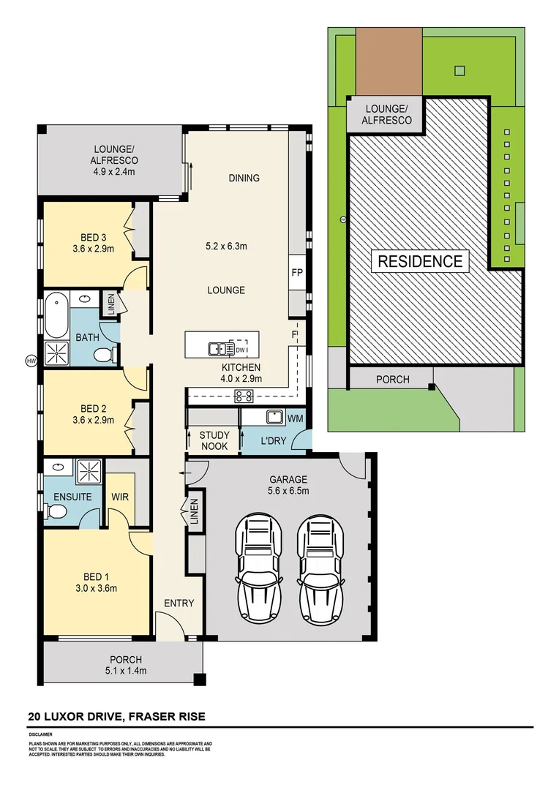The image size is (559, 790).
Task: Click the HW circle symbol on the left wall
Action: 31,361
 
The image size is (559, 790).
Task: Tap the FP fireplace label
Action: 297,272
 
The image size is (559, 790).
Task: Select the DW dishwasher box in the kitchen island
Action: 239,349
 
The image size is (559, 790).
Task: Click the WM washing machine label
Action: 296,418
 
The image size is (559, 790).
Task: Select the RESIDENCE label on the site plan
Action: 419,261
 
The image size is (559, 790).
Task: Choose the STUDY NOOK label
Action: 214,440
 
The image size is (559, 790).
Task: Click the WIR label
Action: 120,497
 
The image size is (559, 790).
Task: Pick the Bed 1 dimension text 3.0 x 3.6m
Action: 97,587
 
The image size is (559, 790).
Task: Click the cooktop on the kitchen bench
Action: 244,396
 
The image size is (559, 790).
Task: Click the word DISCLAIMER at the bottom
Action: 41,733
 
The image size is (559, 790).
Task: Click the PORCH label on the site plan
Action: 392,380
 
